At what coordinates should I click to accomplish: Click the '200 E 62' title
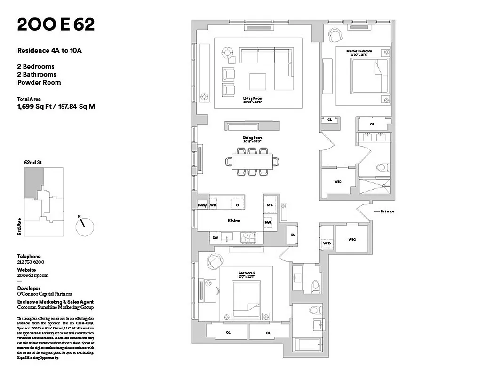click(56, 25)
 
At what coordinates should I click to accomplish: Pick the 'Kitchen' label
click(234, 220)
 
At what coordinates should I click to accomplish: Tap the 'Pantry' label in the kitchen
click(202, 205)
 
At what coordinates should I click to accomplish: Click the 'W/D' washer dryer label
click(327, 243)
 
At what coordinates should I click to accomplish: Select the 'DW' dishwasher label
click(215, 238)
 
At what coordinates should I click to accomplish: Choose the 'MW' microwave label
click(268, 222)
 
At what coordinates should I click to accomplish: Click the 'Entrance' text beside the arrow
click(387, 211)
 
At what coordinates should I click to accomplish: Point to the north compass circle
click(85, 226)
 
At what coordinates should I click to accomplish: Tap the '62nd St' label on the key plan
click(33, 162)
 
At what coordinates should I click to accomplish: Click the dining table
click(252, 162)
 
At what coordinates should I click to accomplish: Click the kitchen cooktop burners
click(247, 238)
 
